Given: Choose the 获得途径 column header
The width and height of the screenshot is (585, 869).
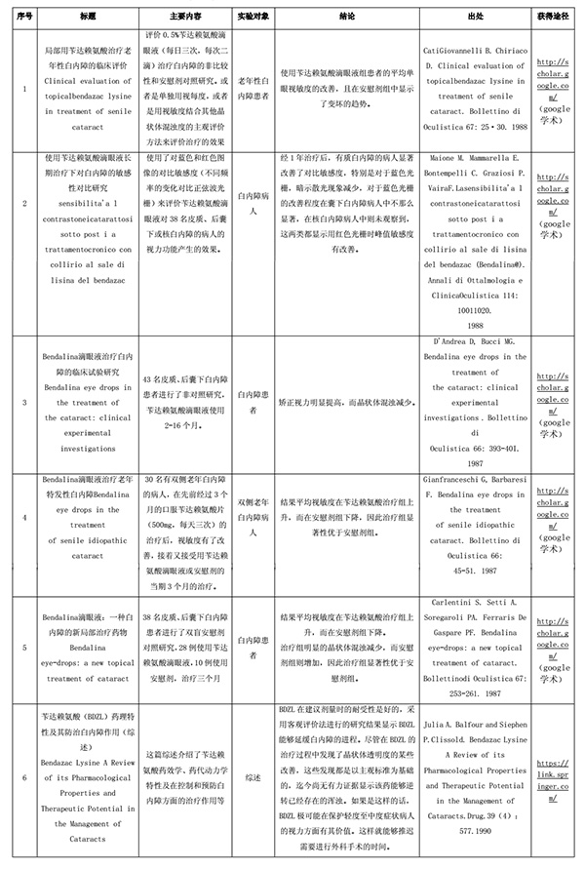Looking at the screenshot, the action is (555, 18).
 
